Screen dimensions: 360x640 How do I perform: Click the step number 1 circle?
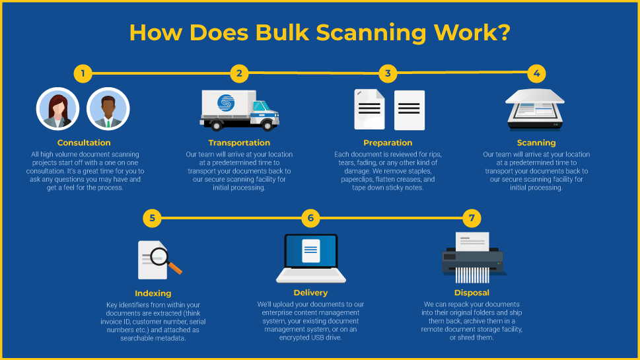(x=83, y=73)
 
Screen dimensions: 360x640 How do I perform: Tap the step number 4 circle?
(x=536, y=73)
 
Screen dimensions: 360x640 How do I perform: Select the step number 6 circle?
(x=310, y=217)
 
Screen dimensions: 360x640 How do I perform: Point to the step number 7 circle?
(x=471, y=217)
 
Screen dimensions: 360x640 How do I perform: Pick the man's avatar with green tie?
(x=108, y=108)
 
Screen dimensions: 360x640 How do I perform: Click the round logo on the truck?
(x=226, y=104)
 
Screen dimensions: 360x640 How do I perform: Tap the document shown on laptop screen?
(x=310, y=251)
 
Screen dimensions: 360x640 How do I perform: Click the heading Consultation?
(x=84, y=143)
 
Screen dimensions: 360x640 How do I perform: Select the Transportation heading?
(x=239, y=143)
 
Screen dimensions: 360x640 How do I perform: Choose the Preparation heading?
(x=388, y=143)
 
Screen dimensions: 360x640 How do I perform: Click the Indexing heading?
(x=153, y=293)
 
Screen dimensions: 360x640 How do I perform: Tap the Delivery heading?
(x=310, y=293)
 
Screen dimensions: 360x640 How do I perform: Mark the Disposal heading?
(x=472, y=293)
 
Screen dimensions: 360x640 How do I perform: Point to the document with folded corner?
(x=369, y=110)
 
